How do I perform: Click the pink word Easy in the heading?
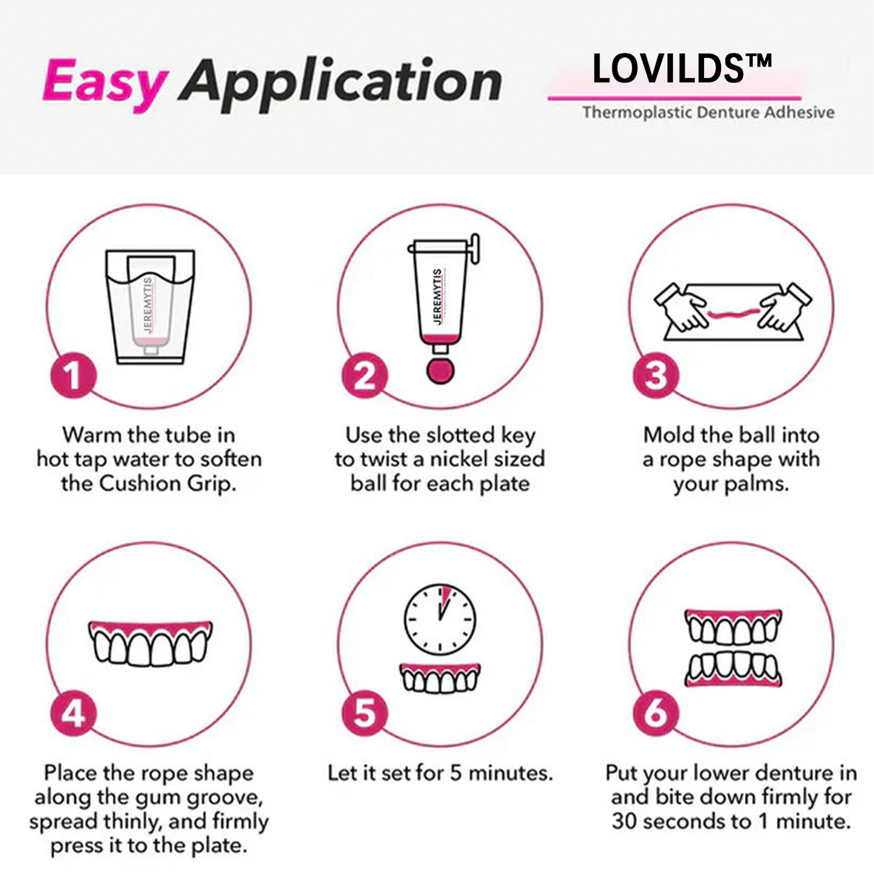click(104, 81)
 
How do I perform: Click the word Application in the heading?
click(340, 82)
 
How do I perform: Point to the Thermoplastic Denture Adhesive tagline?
click(708, 113)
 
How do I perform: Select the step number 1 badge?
click(73, 376)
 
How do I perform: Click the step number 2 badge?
click(365, 376)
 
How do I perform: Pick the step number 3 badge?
click(656, 376)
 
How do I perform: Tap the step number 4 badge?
click(73, 714)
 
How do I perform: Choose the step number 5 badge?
click(365, 714)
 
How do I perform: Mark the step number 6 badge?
click(656, 714)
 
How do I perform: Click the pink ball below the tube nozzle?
click(440, 371)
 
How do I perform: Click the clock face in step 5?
click(440, 619)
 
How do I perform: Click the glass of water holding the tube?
click(150, 307)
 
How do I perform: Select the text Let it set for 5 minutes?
click(440, 773)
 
